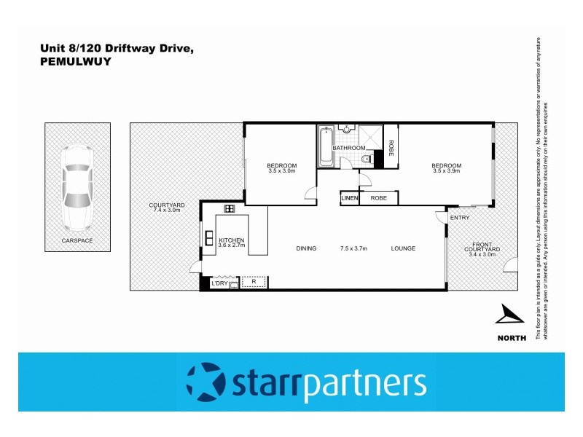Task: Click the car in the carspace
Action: coord(77,186)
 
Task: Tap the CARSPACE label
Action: coord(77,240)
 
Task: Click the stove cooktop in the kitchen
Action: coord(229,208)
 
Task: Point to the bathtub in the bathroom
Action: coord(325,147)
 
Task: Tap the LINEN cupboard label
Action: coord(350,198)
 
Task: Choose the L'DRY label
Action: coord(219,283)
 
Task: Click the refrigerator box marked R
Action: coord(253,281)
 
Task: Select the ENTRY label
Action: coord(460,218)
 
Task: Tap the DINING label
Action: coord(306,248)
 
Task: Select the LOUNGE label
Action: coord(402,248)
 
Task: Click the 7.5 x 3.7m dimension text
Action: coord(355,248)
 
